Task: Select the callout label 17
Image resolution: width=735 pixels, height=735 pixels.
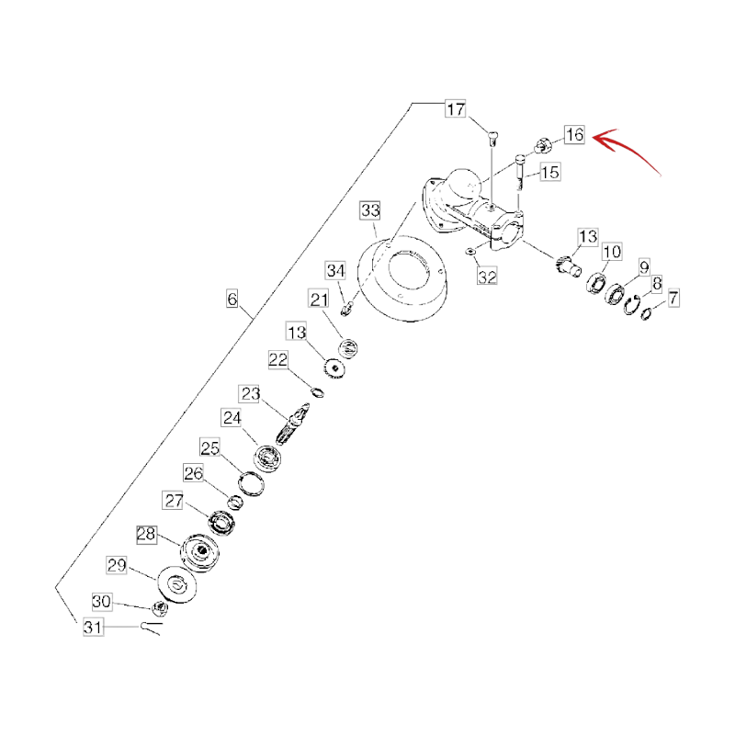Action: [x=455, y=109]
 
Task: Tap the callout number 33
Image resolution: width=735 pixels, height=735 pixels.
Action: [x=370, y=210]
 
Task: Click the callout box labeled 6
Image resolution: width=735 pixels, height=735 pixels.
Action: [x=232, y=300]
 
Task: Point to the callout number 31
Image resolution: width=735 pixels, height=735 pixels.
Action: [x=93, y=627]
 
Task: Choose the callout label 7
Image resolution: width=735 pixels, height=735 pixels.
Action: [x=673, y=298]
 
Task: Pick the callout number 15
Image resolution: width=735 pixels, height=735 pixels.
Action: [x=549, y=173]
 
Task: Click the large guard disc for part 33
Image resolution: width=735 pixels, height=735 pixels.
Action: [x=402, y=278]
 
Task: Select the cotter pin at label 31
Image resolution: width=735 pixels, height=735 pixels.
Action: [x=151, y=628]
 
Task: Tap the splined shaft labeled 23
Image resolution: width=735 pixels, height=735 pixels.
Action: [x=293, y=424]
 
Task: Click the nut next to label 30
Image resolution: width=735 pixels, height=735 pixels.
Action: [x=160, y=608]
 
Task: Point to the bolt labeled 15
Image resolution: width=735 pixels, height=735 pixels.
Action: [x=520, y=173]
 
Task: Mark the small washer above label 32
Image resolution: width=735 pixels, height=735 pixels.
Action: [x=469, y=252]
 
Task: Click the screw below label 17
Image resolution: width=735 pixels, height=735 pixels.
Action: [x=492, y=139]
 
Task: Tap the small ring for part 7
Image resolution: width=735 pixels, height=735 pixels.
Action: [x=646, y=313]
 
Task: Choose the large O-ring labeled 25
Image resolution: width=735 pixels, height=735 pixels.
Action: [x=251, y=484]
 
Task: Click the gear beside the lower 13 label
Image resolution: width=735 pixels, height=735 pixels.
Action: [x=334, y=368]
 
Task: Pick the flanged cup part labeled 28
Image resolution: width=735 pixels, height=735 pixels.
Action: [x=199, y=553]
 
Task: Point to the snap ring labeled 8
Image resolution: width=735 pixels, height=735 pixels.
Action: [x=632, y=305]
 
